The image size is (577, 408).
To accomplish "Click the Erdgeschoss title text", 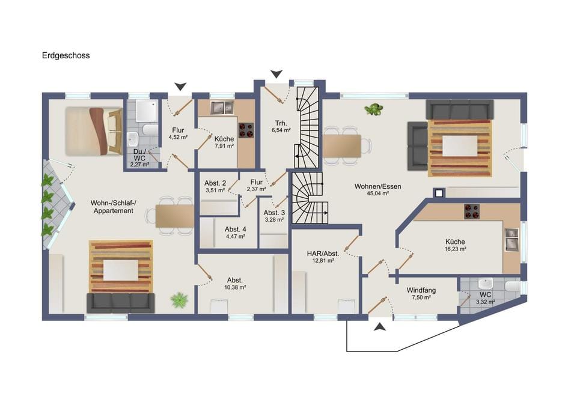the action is (66, 55).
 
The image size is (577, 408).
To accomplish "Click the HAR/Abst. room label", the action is (323, 254).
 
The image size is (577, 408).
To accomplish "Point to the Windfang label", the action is (421, 290).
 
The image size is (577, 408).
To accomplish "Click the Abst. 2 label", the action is (215, 183).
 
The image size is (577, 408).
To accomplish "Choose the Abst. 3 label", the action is (274, 213).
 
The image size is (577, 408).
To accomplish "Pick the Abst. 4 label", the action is (236, 230).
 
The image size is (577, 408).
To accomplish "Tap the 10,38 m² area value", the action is (235, 287).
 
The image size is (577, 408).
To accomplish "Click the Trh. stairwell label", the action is (281, 123).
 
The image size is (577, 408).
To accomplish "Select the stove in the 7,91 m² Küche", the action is (246, 130).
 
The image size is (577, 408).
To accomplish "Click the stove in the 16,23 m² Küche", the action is (472, 212).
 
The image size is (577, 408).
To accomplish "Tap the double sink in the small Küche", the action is (222, 108).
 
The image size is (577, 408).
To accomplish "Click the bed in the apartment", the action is (94, 131).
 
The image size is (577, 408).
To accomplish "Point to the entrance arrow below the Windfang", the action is (380, 326).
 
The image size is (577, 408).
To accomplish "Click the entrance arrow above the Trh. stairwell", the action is (276, 75).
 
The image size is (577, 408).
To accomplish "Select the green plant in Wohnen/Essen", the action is (373, 109).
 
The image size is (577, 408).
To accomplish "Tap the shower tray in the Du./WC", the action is (147, 111).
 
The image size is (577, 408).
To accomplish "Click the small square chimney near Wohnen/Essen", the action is (439, 193).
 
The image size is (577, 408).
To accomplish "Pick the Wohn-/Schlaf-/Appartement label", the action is (114, 207).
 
